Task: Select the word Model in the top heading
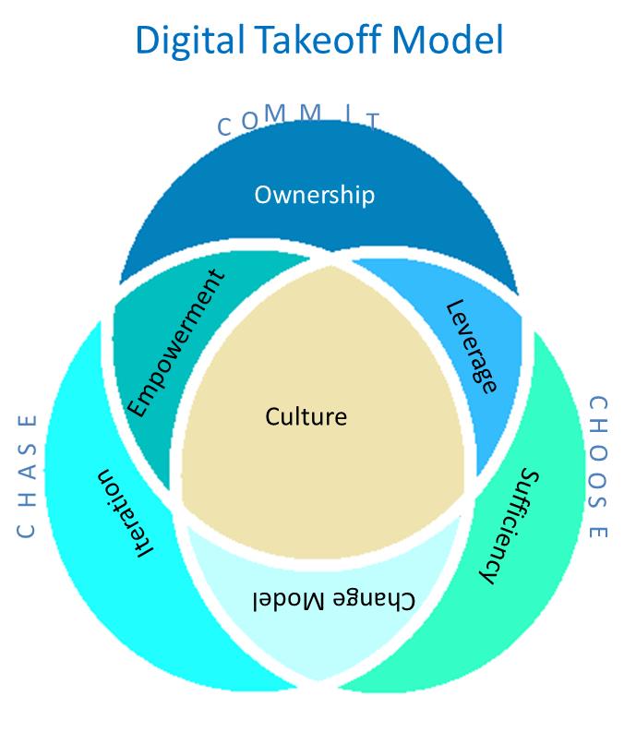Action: tap(449, 42)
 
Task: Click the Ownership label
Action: tap(314, 195)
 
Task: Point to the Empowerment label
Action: tap(174, 342)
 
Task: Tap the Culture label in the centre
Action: tap(306, 416)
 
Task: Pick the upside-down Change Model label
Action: tap(333, 599)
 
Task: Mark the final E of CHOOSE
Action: tap(598, 532)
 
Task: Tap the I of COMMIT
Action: tap(345, 114)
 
